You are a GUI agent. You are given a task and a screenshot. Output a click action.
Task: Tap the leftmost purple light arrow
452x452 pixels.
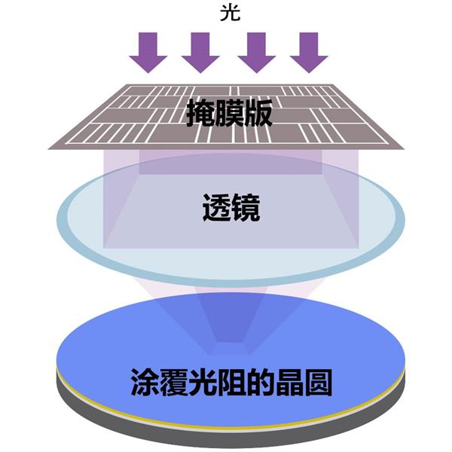[x=148, y=53]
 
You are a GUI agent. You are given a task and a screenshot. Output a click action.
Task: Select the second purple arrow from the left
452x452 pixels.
[x=200, y=53]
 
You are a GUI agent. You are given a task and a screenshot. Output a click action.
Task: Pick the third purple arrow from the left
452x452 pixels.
[x=256, y=53]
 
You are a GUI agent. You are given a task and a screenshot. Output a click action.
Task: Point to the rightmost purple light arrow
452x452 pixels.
[x=309, y=53]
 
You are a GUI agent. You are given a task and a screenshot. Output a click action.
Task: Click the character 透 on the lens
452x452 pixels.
[x=216, y=208]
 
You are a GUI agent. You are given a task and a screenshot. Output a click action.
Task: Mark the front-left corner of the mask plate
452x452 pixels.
[x=48, y=146]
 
